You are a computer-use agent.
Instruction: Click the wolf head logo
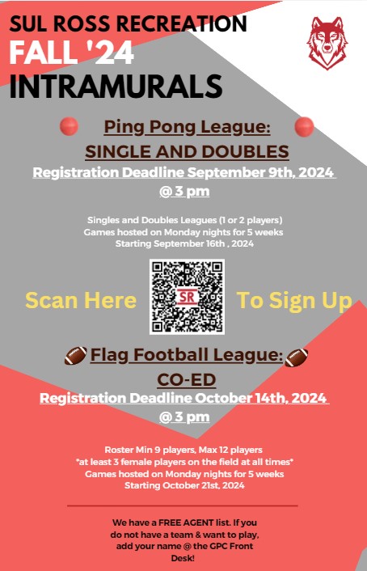[x=327, y=43]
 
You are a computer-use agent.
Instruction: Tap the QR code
[x=187, y=297]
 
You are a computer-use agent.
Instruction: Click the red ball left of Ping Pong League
[x=70, y=126]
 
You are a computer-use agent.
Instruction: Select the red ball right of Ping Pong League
[x=304, y=127]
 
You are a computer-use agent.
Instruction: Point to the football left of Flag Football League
[x=76, y=355]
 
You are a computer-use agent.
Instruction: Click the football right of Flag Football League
[x=297, y=357]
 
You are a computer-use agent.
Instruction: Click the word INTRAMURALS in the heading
[x=116, y=87]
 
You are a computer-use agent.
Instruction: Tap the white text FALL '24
[x=72, y=53]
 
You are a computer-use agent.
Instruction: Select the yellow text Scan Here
[x=81, y=300]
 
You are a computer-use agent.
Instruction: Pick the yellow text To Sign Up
[x=294, y=302]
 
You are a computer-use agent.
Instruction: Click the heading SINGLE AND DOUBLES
[x=188, y=152]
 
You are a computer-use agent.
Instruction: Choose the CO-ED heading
[x=187, y=380]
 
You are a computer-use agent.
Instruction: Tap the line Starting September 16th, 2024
[x=184, y=243]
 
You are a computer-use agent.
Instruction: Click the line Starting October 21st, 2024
[x=184, y=485]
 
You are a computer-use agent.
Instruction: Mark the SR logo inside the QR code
[x=188, y=297]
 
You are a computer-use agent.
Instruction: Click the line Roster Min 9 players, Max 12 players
[x=183, y=450]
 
